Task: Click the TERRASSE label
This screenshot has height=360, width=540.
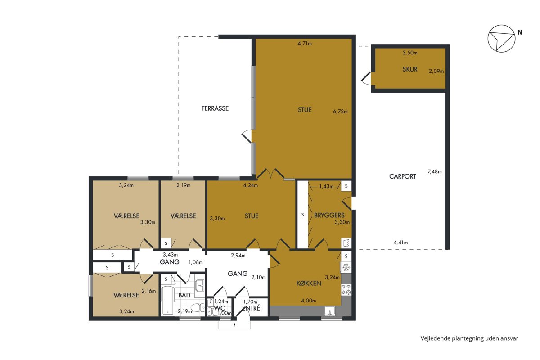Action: [x=215, y=108]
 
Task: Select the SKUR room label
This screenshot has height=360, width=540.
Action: [x=410, y=69]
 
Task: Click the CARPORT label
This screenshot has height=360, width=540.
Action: [x=403, y=176]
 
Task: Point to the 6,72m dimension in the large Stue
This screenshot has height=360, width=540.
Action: [x=340, y=112]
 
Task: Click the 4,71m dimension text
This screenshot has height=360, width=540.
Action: [x=305, y=44]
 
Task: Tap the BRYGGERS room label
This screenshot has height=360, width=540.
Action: [x=329, y=215]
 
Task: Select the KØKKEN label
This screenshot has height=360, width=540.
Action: [x=309, y=283]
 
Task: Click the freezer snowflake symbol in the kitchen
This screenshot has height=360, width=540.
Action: [x=346, y=267]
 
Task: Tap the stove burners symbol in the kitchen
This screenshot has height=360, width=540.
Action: [x=346, y=290]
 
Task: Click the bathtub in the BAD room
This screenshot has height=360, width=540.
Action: [x=168, y=300]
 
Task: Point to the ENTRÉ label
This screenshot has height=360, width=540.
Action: [x=251, y=308]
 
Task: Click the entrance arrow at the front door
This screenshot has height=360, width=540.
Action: [x=234, y=324]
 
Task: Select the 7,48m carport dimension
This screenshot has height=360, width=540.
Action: [x=435, y=172]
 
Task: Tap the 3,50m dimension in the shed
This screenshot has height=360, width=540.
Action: [x=410, y=53]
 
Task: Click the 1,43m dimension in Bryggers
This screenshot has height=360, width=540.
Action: [x=326, y=186]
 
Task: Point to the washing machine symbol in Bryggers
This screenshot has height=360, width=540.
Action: [x=346, y=243]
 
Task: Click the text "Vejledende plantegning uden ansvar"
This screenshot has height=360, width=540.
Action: [x=469, y=338]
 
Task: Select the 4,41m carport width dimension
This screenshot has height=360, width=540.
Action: [x=400, y=243]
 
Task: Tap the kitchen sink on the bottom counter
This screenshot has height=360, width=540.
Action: [x=329, y=311]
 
